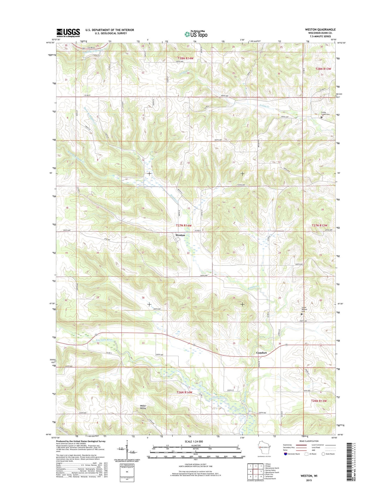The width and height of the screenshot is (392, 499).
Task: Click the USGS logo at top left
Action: (68, 32)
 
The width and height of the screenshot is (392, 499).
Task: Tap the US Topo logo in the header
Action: (196, 34)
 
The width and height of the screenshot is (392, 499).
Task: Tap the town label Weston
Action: (180, 235)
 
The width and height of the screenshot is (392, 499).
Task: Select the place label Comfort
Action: (261, 353)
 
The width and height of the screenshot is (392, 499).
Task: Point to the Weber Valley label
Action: (143, 407)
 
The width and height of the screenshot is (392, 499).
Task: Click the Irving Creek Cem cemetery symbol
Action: (321, 117)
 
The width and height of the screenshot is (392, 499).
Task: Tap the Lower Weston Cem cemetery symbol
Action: (302, 314)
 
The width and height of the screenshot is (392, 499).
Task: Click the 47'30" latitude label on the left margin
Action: (52, 304)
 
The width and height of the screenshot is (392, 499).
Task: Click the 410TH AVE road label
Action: (241, 185)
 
